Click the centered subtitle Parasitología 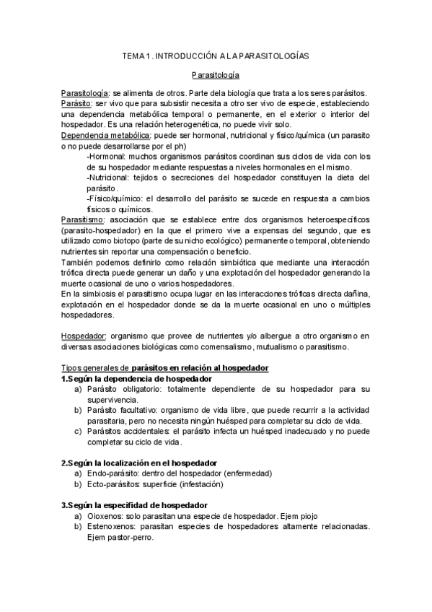[x=216, y=75]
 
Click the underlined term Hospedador [x=83, y=336]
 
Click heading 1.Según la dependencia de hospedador [x=136, y=379]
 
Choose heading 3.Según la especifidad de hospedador [x=134, y=504]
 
